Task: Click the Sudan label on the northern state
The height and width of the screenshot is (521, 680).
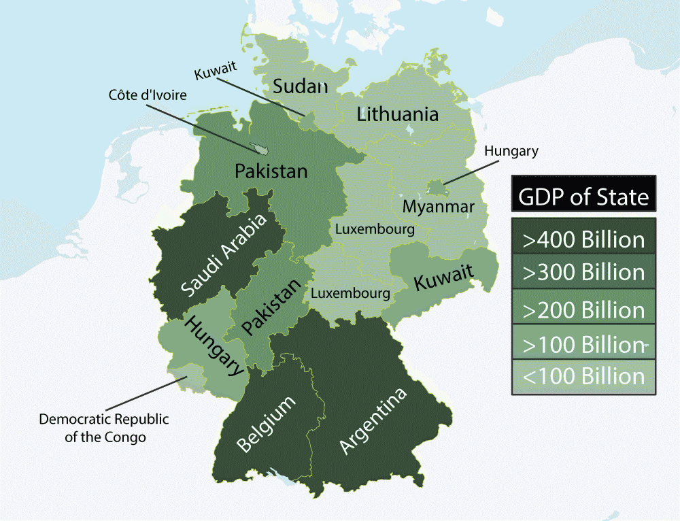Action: pyautogui.click(x=300, y=86)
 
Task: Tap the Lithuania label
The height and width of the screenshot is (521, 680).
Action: pyautogui.click(x=398, y=114)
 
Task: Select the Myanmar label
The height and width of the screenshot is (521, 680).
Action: pyautogui.click(x=438, y=206)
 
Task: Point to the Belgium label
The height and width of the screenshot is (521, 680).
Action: pyautogui.click(x=267, y=424)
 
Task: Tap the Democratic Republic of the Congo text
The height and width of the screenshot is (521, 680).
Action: pyautogui.click(x=104, y=428)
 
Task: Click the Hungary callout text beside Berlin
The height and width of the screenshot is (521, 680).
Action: pyautogui.click(x=511, y=151)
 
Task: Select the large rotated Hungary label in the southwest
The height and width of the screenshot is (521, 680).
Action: pyautogui.click(x=214, y=346)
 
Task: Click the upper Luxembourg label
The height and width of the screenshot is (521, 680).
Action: pyautogui.click(x=375, y=229)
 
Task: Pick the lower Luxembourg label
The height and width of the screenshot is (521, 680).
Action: pyautogui.click(x=350, y=294)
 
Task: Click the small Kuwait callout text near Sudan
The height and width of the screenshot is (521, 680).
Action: pyautogui.click(x=215, y=73)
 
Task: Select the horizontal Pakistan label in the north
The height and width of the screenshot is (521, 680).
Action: pyautogui.click(x=271, y=171)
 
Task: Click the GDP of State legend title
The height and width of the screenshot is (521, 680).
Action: pyautogui.click(x=583, y=197)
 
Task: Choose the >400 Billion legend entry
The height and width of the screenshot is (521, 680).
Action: pyautogui.click(x=583, y=239)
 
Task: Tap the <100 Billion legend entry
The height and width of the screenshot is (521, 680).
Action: pyautogui.click(x=583, y=376)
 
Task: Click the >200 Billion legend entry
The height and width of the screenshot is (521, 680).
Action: pyautogui.click(x=583, y=309)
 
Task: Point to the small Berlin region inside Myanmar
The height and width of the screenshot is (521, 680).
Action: pyautogui.click(x=436, y=186)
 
